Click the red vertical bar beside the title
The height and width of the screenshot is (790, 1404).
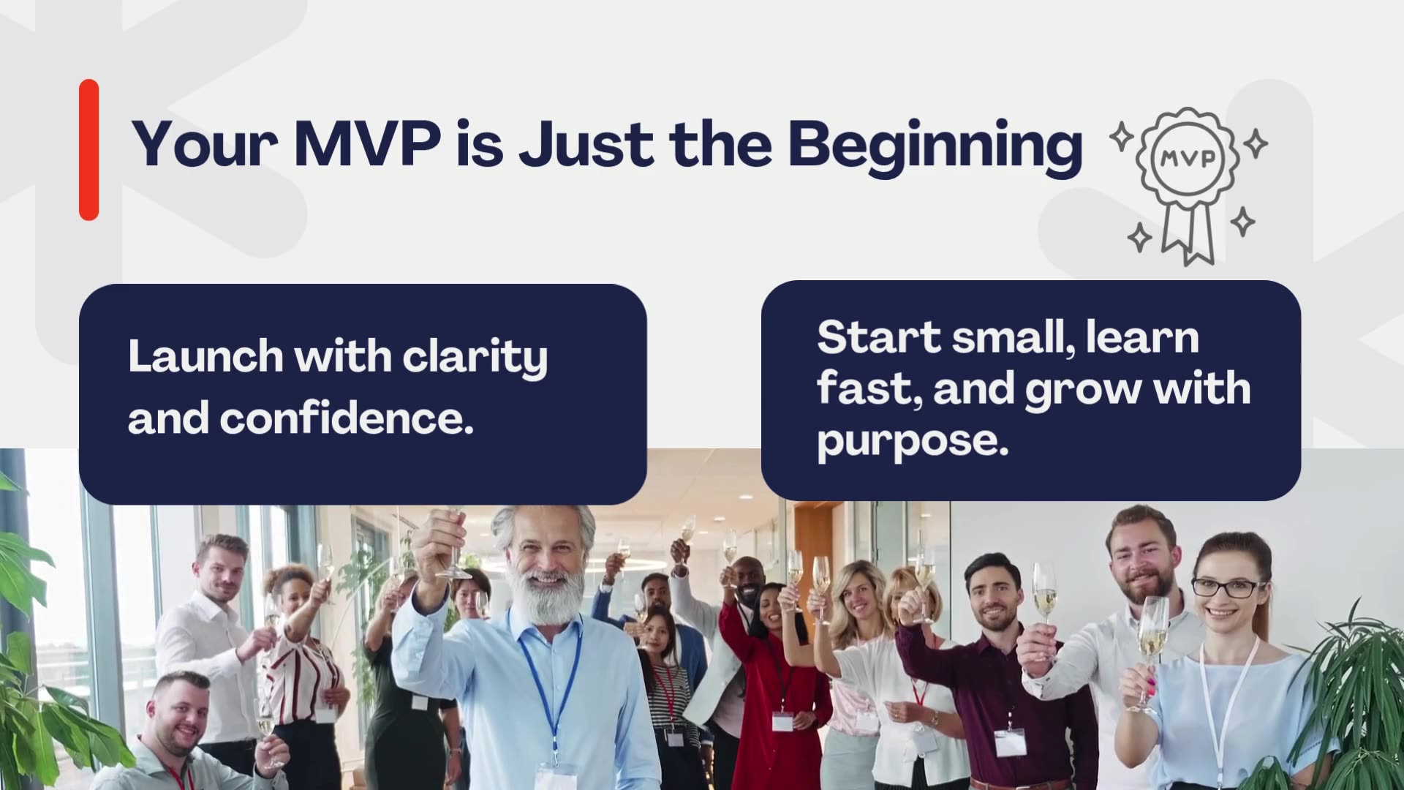pyautogui.click(x=88, y=150)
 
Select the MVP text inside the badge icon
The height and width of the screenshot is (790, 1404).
pyautogui.click(x=1188, y=158)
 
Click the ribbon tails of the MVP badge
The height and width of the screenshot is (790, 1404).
pyautogui.click(x=1190, y=234)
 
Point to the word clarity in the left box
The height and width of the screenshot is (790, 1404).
pyautogui.click(x=475, y=357)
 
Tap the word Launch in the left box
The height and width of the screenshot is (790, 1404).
pyautogui.click(x=205, y=356)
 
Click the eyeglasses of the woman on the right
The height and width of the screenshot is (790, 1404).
pyautogui.click(x=1228, y=587)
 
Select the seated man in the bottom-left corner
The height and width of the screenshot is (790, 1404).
pyautogui.click(x=180, y=739)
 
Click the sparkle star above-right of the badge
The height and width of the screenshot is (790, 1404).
pyautogui.click(x=1256, y=143)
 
